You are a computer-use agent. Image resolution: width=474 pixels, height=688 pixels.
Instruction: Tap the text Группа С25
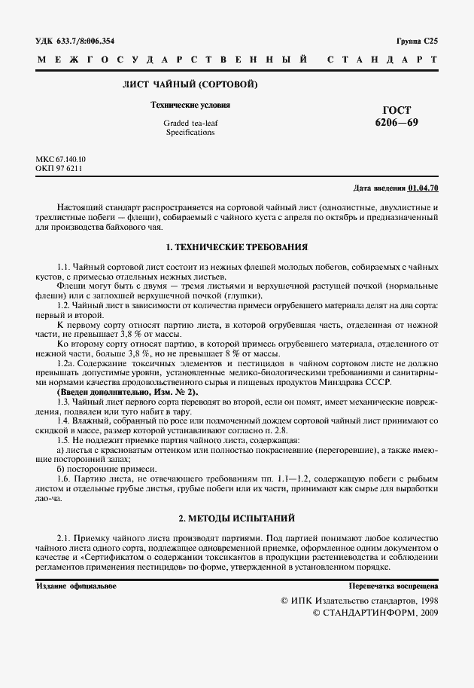click(x=416, y=41)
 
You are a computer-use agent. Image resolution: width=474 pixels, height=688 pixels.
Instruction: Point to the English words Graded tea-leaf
click(x=190, y=122)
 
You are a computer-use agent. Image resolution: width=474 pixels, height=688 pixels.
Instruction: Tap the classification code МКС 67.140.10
click(x=61, y=160)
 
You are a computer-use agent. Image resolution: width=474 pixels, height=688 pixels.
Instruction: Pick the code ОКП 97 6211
click(x=59, y=169)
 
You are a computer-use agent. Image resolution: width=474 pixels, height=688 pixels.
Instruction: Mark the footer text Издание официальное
click(x=76, y=586)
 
